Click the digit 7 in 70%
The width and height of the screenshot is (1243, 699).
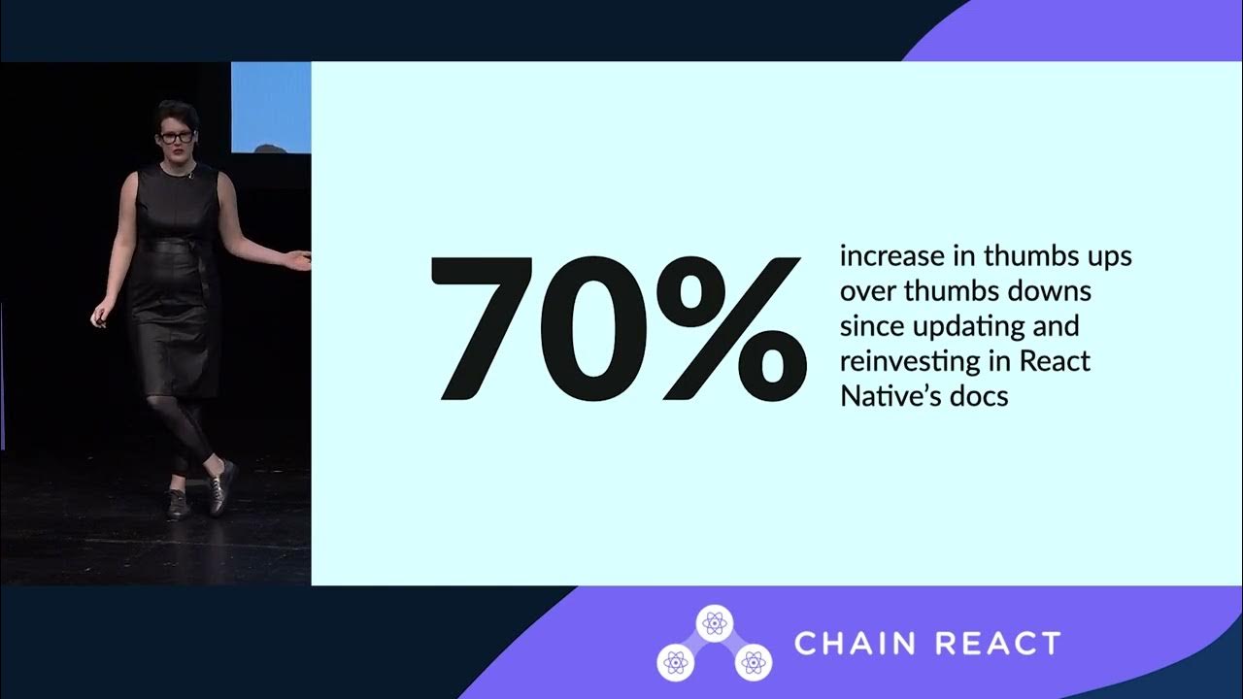point(486,328)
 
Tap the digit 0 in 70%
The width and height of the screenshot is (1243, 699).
point(599,329)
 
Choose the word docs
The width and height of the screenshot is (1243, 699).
point(974,395)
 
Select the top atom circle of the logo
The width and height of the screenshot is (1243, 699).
point(714,623)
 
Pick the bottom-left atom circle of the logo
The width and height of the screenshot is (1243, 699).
point(676,662)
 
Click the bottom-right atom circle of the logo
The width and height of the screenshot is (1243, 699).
point(752,662)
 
